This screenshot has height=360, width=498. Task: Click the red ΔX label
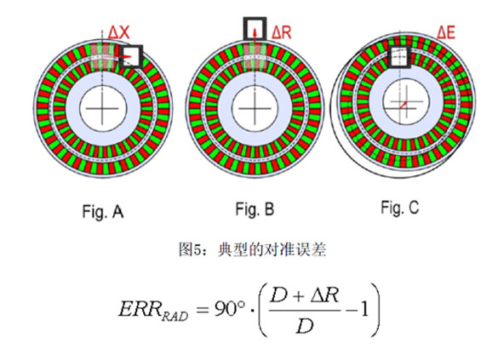[119, 32]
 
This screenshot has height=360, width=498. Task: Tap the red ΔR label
[282, 32]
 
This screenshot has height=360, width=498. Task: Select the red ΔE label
[446, 32]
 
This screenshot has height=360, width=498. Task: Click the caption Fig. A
[103, 211]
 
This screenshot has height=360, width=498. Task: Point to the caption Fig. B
[255, 209]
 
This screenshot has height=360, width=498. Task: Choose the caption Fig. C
[400, 208]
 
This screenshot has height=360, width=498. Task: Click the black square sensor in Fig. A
[131, 56]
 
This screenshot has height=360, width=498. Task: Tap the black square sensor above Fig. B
[255, 29]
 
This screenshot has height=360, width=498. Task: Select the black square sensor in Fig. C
[399, 56]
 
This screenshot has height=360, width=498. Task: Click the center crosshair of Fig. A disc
[102, 109]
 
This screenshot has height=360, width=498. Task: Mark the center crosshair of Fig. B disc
[255, 109]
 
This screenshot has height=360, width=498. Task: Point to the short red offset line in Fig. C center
[404, 105]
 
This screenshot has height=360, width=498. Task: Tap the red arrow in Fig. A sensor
[126, 57]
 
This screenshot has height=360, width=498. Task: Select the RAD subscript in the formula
[175, 316]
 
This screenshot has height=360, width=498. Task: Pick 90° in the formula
[230, 308]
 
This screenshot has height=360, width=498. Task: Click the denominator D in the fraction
[305, 325]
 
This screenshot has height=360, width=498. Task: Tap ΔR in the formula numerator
[324, 295]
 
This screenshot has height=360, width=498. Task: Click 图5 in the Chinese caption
[190, 250]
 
